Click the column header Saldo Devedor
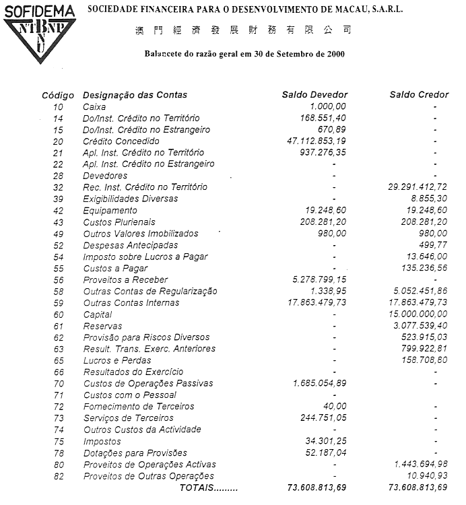(x=314, y=95)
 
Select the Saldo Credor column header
(x=417, y=95)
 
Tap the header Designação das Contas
(x=135, y=95)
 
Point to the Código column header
(x=58, y=96)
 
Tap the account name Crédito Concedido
(x=121, y=141)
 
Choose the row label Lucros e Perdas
(x=118, y=360)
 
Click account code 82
(x=58, y=476)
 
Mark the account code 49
(x=58, y=234)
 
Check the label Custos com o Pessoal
(x=129, y=395)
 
